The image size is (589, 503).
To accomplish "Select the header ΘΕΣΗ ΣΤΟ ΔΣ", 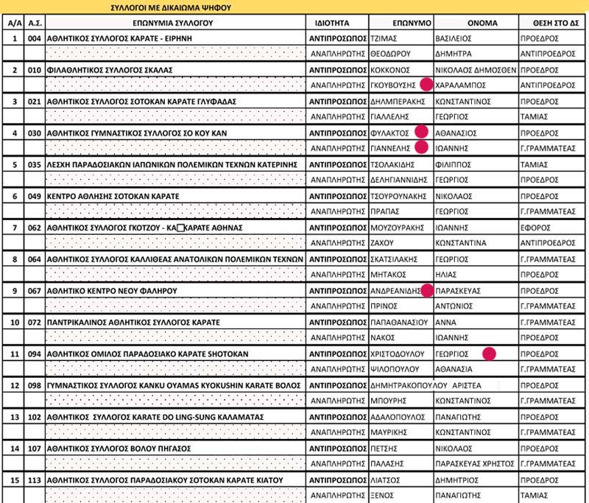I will click(551, 23).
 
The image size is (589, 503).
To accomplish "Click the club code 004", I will click(33, 38).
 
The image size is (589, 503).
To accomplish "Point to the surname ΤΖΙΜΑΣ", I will click(385, 38).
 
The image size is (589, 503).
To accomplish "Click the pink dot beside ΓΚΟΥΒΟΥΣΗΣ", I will click(426, 84).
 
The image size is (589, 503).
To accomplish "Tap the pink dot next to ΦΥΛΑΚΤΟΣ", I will click(421, 131).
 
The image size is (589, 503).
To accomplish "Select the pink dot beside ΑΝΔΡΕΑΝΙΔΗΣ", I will click(426, 290).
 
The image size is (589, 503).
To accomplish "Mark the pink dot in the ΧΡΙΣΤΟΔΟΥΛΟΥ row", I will click(489, 353).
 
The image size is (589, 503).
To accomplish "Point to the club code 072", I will click(33, 323).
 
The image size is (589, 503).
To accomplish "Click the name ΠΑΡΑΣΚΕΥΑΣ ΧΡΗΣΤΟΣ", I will click(473, 464).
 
